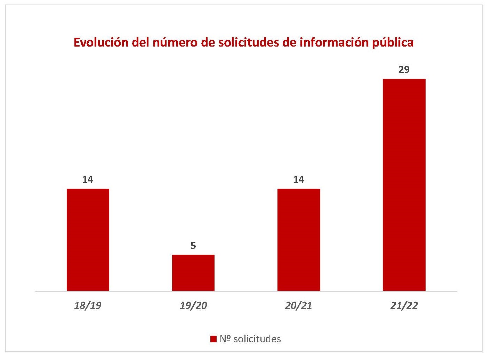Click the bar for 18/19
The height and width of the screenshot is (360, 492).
(x=88, y=239)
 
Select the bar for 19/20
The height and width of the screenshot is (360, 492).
(x=193, y=272)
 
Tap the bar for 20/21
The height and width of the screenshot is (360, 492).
(x=299, y=239)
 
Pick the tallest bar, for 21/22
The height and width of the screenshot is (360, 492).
(x=404, y=185)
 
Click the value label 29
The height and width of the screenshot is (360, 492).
(x=404, y=70)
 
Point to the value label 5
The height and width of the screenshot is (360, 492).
(x=193, y=246)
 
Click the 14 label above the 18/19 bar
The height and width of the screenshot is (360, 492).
(x=88, y=180)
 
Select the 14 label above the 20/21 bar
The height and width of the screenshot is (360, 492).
(x=299, y=180)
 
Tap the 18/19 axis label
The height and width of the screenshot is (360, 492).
(x=88, y=306)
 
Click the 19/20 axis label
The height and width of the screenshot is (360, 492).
(x=193, y=306)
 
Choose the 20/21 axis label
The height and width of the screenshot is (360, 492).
(x=299, y=306)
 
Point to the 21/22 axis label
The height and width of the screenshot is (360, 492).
(x=404, y=306)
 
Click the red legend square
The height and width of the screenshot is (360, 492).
(x=213, y=339)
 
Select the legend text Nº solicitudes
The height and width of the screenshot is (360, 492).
(x=250, y=339)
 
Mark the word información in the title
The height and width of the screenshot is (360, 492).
(x=329, y=42)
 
